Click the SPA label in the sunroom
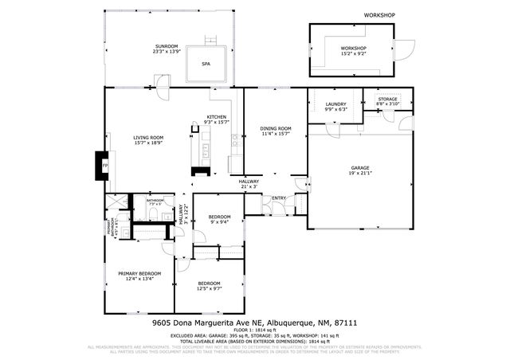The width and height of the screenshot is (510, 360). pos(206,64)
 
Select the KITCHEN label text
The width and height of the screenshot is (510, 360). pos(216,117)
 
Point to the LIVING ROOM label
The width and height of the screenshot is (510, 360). pos(148,139)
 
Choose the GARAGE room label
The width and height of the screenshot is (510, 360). pos(360,168)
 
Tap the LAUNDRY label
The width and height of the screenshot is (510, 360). pos(334,104)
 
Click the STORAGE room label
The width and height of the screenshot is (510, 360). pos(387,99)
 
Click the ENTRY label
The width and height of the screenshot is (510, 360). pos(280,198)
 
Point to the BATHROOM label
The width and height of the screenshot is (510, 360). pos(155,201)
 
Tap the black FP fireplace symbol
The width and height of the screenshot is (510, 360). pos(102,166)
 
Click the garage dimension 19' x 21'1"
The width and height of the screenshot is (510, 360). pos(360,174)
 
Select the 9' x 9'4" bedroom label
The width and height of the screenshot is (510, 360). pos(220,222)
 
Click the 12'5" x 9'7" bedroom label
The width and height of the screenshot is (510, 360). pos(210,288)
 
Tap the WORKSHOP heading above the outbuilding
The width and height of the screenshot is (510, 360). pos(379,15)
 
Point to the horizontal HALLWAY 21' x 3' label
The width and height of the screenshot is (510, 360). pos(249,184)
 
